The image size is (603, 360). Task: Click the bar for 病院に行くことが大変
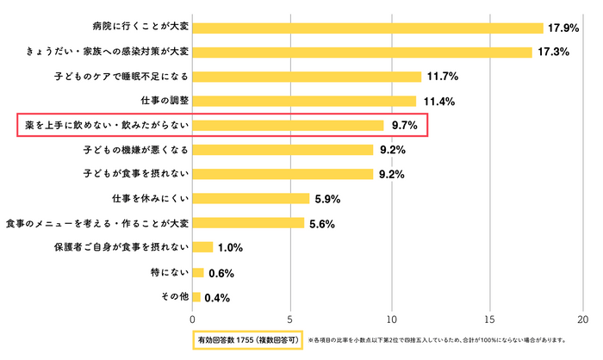pos(367,28)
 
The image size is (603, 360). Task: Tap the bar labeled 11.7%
pos(306,77)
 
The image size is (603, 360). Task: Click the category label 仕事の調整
pos(165,101)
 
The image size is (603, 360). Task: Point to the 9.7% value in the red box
pos(404,126)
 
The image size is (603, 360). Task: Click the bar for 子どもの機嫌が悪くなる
pos(282,150)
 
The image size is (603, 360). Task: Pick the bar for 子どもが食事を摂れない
pos(282,174)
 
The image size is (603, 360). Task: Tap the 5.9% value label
pos(328,199)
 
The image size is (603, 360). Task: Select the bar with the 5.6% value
pos(247,223)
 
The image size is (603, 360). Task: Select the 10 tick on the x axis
pos(391,316)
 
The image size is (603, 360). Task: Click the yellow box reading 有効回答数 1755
pos(247,339)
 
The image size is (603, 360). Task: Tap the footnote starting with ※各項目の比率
pos(437,339)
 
